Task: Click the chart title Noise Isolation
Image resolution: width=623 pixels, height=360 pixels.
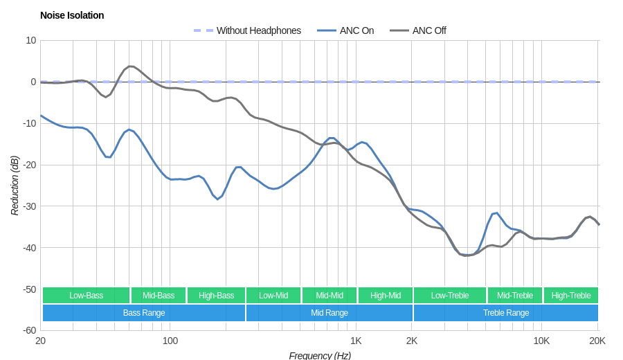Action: point(72,15)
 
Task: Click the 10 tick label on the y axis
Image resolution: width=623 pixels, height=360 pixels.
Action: point(31,40)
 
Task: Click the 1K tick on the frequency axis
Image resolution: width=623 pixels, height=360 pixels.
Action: point(356,341)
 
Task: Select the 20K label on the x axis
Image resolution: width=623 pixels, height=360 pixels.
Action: point(597,341)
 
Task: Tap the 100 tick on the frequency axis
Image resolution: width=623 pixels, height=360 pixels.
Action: point(170,341)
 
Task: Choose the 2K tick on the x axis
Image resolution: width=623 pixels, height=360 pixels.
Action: point(412,341)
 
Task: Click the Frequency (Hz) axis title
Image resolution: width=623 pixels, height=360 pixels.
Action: point(320,355)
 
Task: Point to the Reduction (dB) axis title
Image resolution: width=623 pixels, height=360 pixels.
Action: point(15,186)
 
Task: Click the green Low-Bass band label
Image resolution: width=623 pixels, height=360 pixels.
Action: point(86,296)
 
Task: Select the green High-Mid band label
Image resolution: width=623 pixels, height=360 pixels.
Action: point(386,296)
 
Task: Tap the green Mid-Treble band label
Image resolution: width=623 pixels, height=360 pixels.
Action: point(515,296)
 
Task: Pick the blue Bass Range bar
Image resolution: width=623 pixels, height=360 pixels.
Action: point(144,313)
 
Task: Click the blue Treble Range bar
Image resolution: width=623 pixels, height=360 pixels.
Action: point(506,313)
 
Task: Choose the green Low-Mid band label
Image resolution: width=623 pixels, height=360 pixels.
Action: point(273,296)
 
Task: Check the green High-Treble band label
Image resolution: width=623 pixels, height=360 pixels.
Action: point(571,296)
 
